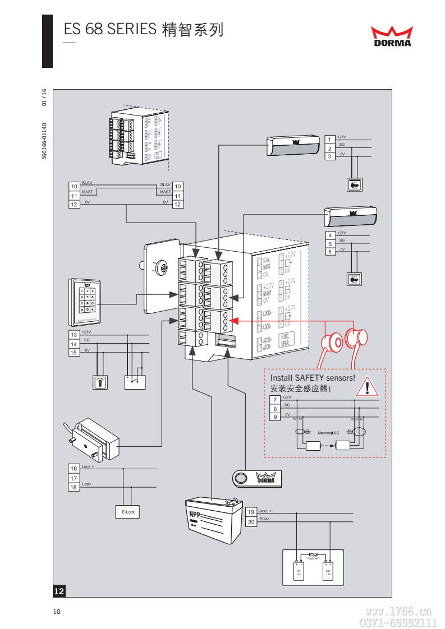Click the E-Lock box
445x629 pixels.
click(x=129, y=512)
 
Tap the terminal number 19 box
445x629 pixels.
click(x=251, y=512)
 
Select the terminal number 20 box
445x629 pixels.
click(x=251, y=522)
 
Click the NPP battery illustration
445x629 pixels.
click(x=214, y=520)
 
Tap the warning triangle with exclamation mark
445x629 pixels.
click(x=368, y=387)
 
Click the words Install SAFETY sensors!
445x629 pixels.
click(x=313, y=378)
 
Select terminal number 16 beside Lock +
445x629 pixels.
click(x=74, y=469)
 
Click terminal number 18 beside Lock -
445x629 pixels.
click(x=74, y=487)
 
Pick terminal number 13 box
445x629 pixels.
click(x=74, y=335)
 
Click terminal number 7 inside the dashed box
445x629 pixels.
click(x=275, y=400)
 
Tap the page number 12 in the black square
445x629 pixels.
click(x=59, y=591)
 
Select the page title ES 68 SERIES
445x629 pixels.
click(x=109, y=29)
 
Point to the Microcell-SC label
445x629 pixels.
click(x=328, y=433)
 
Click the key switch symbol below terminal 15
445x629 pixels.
click(x=100, y=382)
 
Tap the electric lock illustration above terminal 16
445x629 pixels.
click(x=98, y=438)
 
